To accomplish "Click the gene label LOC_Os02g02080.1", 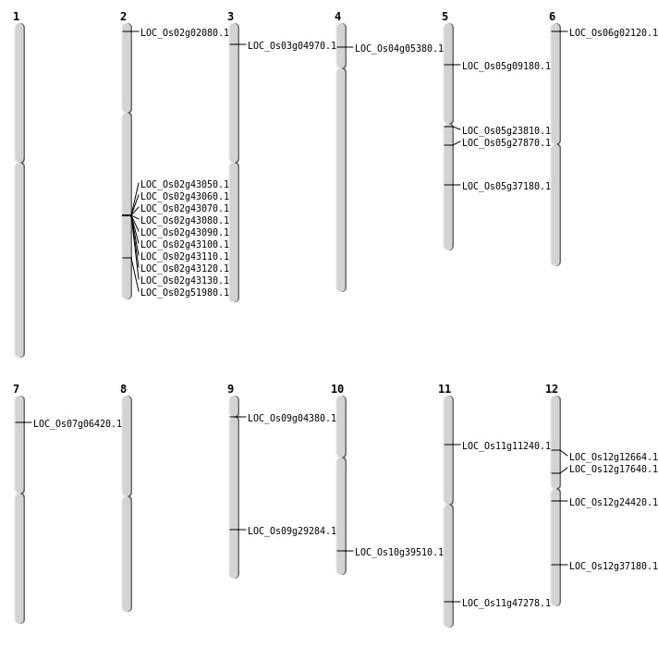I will coord(184,33).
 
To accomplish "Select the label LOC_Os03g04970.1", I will coord(291,46).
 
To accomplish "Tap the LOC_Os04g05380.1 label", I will coord(398,49).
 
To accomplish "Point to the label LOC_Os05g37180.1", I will coord(506,187).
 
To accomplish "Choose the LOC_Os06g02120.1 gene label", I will coord(613,33).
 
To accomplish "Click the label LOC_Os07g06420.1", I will coord(77,424).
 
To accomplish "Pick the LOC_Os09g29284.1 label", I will coord(291,531).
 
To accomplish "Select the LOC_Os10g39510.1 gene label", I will coord(398,553).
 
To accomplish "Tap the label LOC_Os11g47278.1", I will coord(506,604).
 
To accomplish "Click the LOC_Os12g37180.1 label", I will coord(613,567).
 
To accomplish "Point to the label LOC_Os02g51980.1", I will coord(184,293).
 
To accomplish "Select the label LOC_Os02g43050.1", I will coord(184,185).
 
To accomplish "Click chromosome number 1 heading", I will coord(16,17).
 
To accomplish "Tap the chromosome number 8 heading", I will coord(123,389).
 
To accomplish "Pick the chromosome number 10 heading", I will coord(337,389).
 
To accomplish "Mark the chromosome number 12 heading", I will coord(552,389).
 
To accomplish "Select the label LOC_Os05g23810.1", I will coord(506,131).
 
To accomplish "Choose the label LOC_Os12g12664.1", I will coord(613,458).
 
